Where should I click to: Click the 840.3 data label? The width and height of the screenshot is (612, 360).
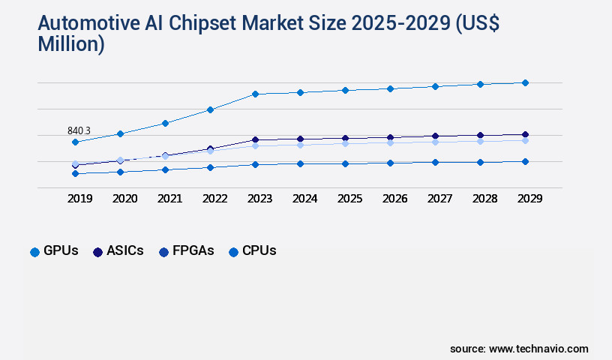coord(79,130)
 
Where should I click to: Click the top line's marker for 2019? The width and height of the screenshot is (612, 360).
coord(75,142)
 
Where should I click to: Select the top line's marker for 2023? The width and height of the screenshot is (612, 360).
coord(255,94)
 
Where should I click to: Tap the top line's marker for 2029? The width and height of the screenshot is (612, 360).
coord(525,82)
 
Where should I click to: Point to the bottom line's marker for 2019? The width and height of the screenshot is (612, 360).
coord(75,173)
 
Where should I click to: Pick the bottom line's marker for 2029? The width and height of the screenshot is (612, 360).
coord(525,161)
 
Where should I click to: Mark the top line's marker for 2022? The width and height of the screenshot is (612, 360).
coord(210,109)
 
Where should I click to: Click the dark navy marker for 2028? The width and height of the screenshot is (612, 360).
coord(480,136)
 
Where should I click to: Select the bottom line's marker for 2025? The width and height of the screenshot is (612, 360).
coord(345,163)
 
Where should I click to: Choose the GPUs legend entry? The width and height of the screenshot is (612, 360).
coord(54,251)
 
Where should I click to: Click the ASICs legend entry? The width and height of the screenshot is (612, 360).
coord(118,251)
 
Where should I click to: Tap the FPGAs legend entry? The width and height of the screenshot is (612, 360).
coord(187,251)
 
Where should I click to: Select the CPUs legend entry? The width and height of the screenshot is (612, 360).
coord(253,251)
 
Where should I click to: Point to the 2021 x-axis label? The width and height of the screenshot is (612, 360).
coord(169,199)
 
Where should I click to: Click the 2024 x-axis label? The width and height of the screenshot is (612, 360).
coord(304,199)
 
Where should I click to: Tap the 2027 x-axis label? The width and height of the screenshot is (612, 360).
coord(439,199)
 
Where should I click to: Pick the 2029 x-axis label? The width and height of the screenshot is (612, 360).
coord(529,199)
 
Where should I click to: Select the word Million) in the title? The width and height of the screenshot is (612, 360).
coord(70,44)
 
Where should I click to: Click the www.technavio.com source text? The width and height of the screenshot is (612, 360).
coord(538,349)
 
